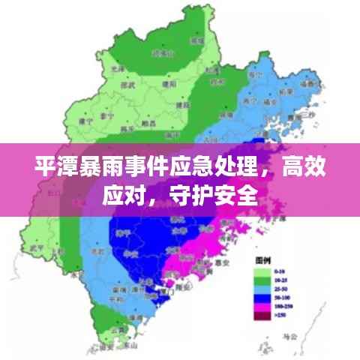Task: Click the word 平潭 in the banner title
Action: coord(52,166)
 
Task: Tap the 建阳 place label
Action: coord(166,85)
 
